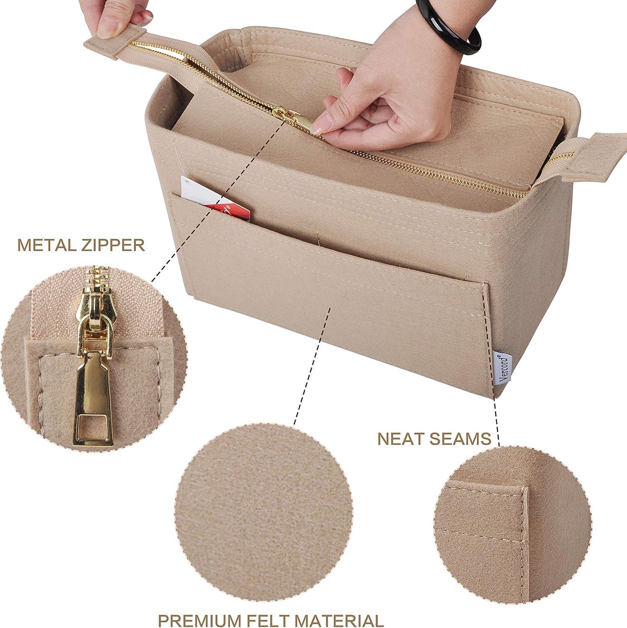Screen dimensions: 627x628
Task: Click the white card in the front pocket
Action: [x=214, y=199]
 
